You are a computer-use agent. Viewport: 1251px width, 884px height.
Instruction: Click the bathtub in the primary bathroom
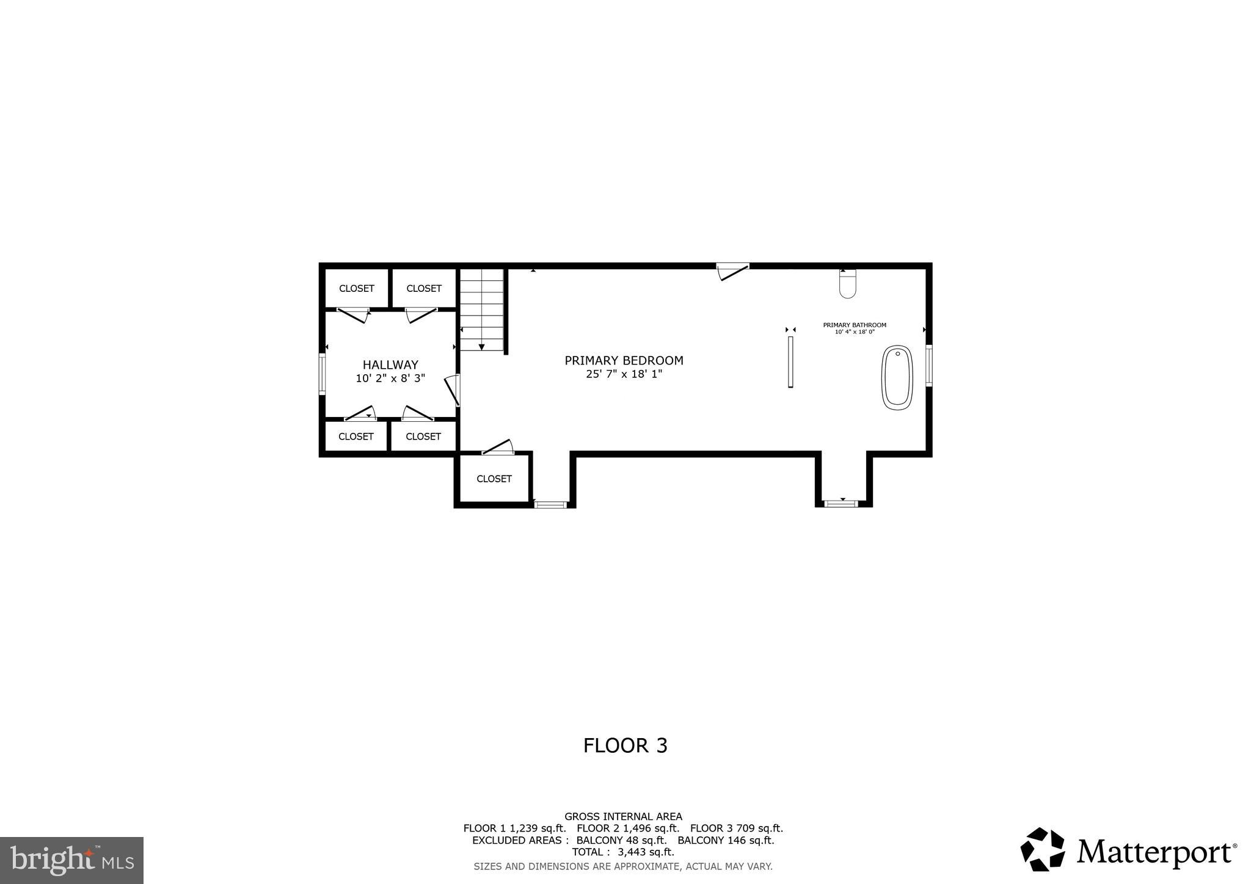pos(897,377)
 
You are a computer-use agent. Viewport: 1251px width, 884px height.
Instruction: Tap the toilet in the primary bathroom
pos(847,285)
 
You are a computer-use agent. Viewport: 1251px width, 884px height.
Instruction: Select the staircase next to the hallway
pos(483,310)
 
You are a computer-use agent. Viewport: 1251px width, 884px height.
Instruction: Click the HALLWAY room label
pos(390,365)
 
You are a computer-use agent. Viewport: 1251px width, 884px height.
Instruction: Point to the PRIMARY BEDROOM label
pos(624,361)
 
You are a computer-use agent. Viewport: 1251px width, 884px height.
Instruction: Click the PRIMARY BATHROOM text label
pos(854,325)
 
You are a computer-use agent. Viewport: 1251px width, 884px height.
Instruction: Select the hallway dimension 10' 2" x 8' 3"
pos(390,379)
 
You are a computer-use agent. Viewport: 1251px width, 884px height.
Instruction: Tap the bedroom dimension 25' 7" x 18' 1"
pos(624,374)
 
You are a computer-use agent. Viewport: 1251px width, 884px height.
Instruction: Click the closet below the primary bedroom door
pos(494,479)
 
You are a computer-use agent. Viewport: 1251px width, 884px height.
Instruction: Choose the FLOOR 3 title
pos(625,745)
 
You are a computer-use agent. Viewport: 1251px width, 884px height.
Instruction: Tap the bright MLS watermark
pos(71,860)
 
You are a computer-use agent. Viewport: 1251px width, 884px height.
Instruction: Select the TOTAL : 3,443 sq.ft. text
pos(622,852)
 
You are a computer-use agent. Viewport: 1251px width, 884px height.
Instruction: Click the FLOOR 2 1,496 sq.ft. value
pos(627,828)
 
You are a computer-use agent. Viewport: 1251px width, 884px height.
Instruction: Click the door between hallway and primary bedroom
pos(454,391)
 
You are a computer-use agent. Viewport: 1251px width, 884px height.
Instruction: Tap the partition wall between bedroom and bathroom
pos(790,361)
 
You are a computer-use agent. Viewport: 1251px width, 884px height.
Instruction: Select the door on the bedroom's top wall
pos(732,270)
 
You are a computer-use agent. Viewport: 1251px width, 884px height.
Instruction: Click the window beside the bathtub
pos(928,365)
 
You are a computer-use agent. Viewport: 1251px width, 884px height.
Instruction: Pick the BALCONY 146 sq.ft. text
pos(726,840)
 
